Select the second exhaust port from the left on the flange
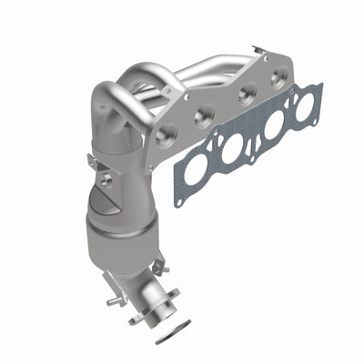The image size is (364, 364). point(205,115)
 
